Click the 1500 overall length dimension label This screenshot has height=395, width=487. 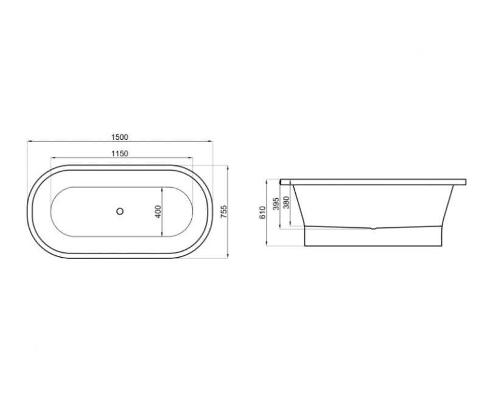click(x=119, y=137)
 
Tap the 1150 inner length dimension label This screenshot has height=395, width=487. click(x=119, y=154)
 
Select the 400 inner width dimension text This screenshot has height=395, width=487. click(x=158, y=211)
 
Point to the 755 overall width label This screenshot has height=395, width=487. click(x=224, y=211)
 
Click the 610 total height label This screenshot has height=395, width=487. click(x=263, y=212)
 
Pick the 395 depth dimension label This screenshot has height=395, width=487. click(x=276, y=203)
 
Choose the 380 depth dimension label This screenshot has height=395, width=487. click(x=286, y=202)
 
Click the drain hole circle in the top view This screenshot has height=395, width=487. click(x=120, y=211)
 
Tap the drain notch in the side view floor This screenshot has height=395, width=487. click(x=373, y=228)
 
